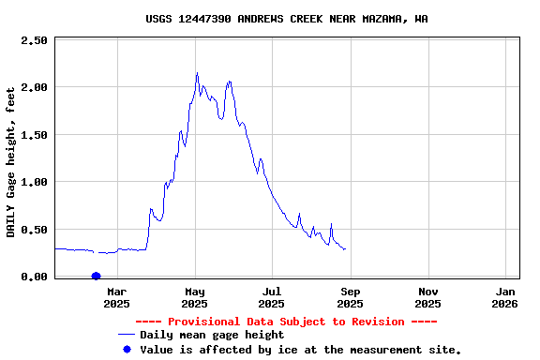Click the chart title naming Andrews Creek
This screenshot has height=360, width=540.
(x=287, y=18)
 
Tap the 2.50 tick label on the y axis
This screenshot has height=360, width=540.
(x=34, y=40)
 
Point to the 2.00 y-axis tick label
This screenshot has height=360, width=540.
(x=34, y=87)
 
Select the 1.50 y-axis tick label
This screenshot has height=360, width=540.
(x=34, y=135)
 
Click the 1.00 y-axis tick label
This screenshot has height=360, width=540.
(x=34, y=182)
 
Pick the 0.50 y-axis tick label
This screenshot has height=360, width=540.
(x=34, y=230)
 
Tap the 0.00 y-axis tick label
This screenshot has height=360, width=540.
(x=34, y=277)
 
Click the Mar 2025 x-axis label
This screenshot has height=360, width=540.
(x=117, y=297)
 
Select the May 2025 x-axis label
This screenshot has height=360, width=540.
(x=195, y=297)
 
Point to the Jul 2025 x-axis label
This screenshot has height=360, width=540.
(x=272, y=297)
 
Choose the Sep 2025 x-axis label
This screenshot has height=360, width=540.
(x=350, y=297)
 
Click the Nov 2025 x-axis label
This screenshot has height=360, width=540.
(x=427, y=297)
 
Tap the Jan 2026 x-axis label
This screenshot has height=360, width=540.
(x=504, y=297)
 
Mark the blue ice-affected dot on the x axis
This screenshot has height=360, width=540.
(x=96, y=276)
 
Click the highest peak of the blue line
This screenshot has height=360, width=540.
(x=197, y=73)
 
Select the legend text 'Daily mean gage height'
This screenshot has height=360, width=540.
(x=212, y=335)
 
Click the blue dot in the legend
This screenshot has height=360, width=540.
(x=127, y=349)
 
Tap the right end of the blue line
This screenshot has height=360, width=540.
(x=345, y=249)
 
